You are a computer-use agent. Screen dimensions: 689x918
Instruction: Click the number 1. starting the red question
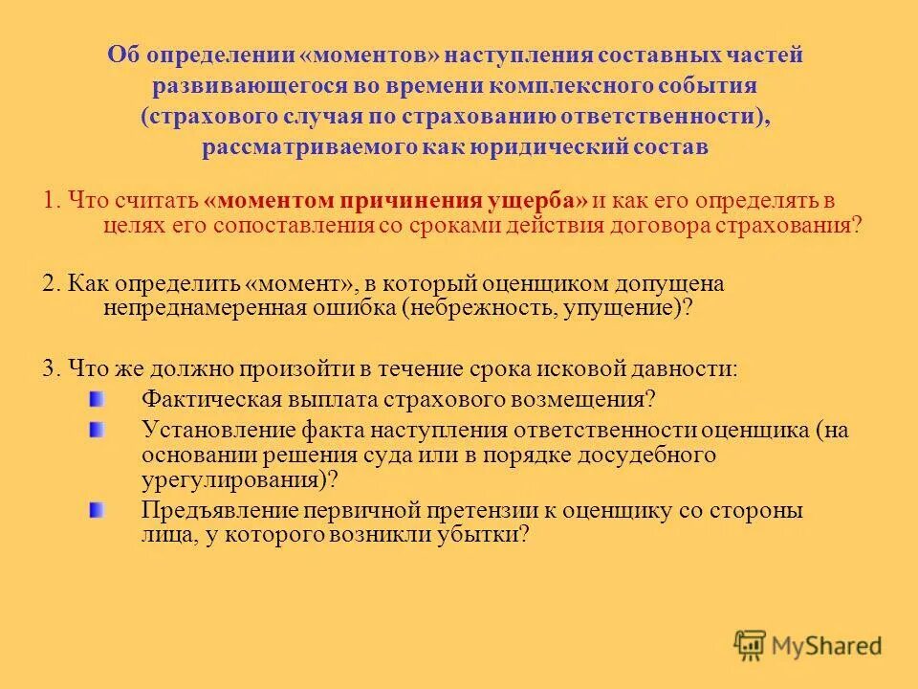pyautogui.click(x=52, y=201)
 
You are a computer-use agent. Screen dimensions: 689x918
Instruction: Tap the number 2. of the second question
pyautogui.click(x=52, y=284)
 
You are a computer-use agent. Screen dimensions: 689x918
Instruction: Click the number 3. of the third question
pyautogui.click(x=52, y=368)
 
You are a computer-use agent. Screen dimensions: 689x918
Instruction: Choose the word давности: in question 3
pyautogui.click(x=686, y=368)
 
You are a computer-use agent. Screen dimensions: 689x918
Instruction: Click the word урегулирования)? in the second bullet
pyautogui.click(x=241, y=479)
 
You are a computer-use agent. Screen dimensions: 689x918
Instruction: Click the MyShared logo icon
pyautogui.click(x=751, y=645)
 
